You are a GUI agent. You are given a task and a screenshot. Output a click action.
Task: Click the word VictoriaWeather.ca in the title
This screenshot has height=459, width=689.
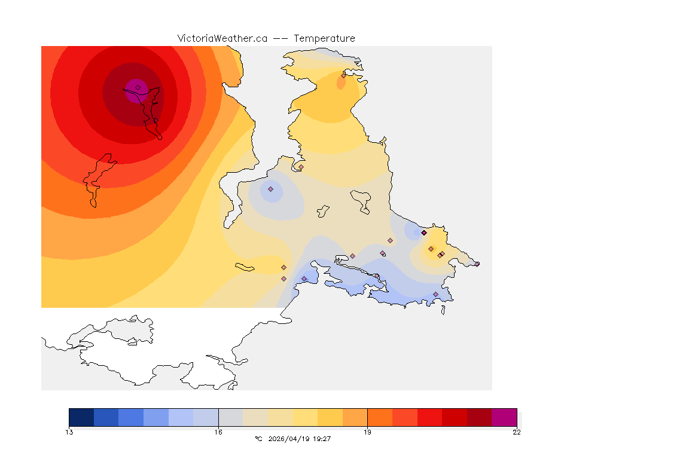[222, 38]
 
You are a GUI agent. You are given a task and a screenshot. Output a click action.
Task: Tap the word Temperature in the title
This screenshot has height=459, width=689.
[325, 38]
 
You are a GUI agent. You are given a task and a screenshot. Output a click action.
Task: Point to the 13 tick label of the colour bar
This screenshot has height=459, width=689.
[69, 432]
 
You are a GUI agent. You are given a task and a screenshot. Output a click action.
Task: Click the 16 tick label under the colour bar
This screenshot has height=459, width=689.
[218, 432]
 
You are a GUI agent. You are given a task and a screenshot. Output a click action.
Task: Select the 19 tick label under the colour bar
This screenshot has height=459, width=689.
[367, 432]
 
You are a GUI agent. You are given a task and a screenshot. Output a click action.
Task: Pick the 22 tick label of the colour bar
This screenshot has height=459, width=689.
[516, 432]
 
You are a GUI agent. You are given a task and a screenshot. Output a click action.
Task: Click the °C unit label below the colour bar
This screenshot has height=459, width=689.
[258, 439]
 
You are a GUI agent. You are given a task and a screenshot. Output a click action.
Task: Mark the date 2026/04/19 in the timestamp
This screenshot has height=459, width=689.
[288, 439]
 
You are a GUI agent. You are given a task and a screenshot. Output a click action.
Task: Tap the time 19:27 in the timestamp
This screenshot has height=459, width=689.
[322, 439]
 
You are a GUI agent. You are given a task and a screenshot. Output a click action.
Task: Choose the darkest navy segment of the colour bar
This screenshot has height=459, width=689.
[81, 417]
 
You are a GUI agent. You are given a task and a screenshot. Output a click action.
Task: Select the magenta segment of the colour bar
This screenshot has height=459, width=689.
[504, 417]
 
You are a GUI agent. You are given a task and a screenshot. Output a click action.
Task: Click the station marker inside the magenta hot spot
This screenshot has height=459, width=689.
[138, 87]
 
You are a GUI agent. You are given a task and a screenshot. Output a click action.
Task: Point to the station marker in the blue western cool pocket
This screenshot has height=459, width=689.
[270, 189]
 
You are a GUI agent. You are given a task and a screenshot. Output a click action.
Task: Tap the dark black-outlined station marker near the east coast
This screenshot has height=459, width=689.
[423, 232]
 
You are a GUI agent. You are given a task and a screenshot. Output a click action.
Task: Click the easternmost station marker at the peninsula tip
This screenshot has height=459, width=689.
[477, 264]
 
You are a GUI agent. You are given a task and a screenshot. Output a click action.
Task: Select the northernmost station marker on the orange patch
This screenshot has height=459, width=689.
[343, 75]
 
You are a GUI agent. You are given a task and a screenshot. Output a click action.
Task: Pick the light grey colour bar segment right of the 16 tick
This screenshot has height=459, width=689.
[231, 417]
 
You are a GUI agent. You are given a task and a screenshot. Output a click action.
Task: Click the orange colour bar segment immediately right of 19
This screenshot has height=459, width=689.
[380, 417]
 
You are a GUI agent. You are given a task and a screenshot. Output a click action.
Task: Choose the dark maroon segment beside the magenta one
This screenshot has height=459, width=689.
[479, 417]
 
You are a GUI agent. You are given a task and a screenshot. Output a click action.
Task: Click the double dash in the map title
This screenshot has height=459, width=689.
[281, 38]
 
